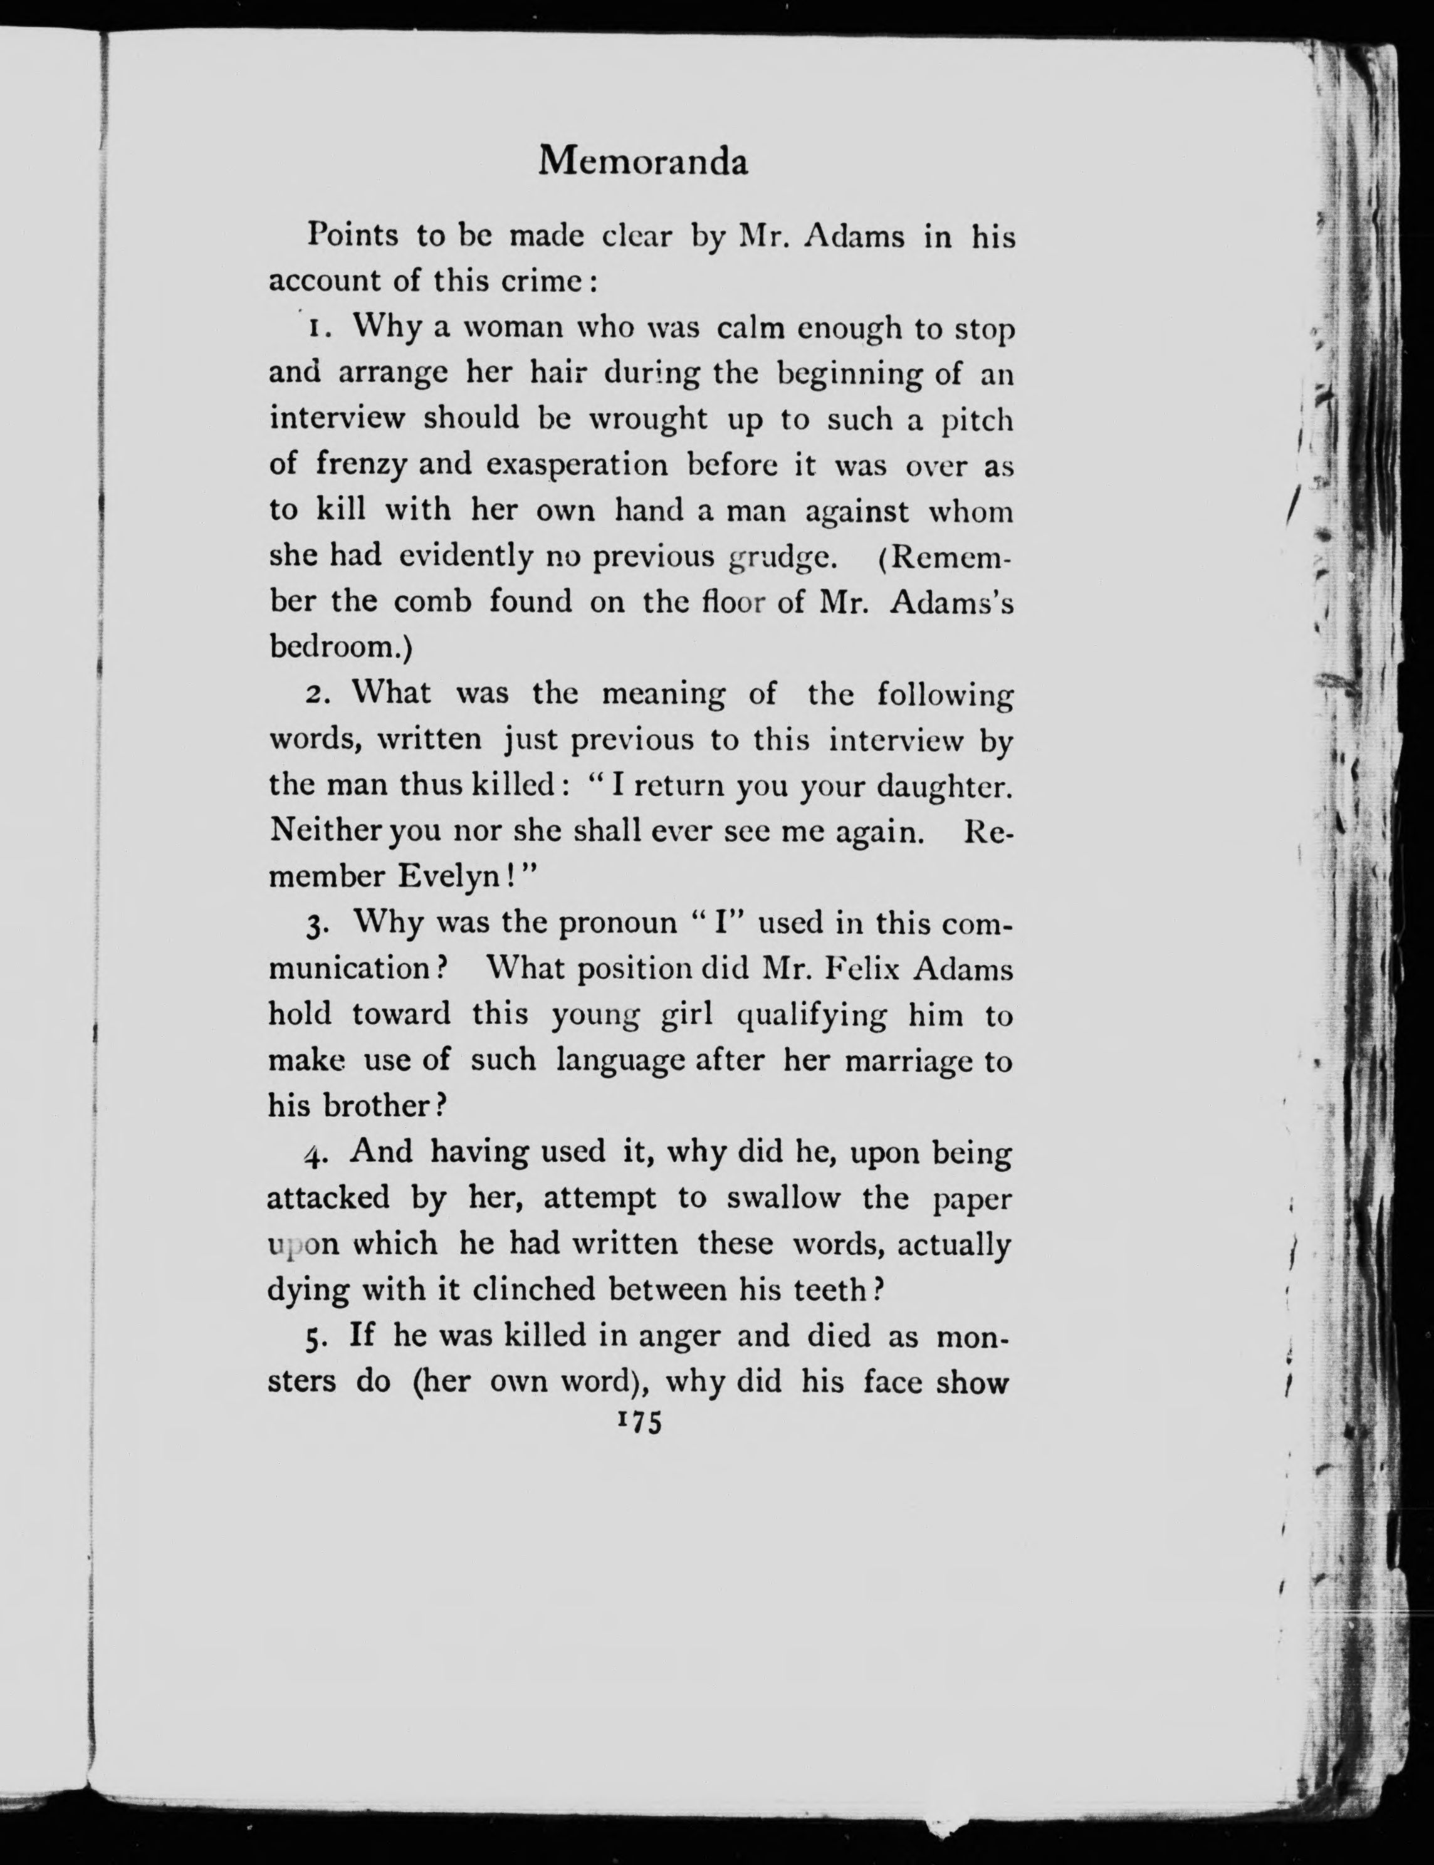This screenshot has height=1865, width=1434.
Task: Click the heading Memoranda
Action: coord(643,161)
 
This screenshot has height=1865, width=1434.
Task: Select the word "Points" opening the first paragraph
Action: coord(352,235)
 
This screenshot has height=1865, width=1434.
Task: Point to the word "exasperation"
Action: coord(577,465)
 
